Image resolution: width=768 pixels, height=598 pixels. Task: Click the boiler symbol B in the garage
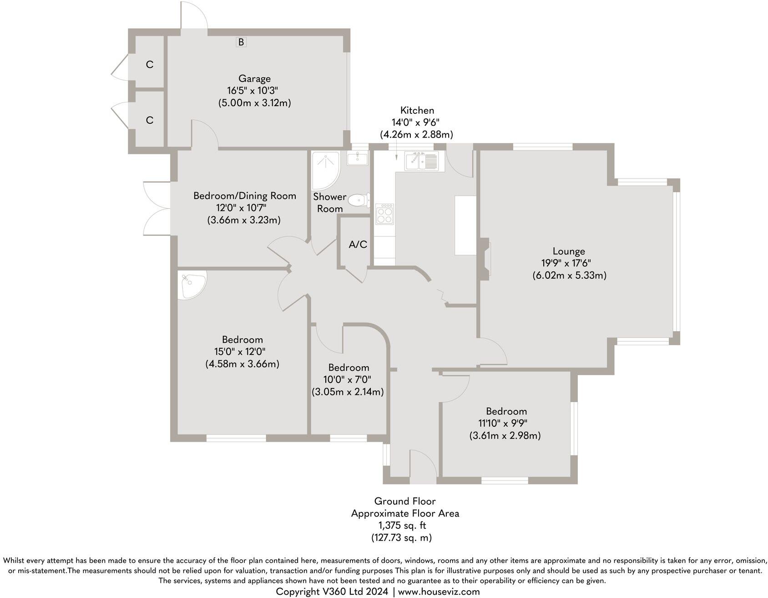point(241,42)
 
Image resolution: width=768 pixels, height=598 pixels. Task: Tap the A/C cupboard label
point(358,245)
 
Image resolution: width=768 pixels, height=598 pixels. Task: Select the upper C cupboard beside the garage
point(149,65)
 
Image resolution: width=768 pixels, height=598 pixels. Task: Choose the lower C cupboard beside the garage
point(149,120)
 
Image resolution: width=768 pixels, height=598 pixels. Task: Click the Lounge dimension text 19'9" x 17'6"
point(569,263)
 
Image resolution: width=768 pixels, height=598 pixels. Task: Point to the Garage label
point(254,78)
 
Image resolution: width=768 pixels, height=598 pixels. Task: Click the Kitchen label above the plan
point(417,110)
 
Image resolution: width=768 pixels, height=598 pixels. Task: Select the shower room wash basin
point(358,159)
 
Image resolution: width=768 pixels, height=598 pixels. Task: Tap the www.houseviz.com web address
point(439,592)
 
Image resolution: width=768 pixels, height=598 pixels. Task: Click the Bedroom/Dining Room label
point(244,196)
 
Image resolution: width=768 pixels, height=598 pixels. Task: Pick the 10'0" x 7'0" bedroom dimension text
point(348,380)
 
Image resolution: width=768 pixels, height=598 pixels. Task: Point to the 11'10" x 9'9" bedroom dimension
point(505,424)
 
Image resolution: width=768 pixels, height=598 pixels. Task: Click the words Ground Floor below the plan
point(405,501)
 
